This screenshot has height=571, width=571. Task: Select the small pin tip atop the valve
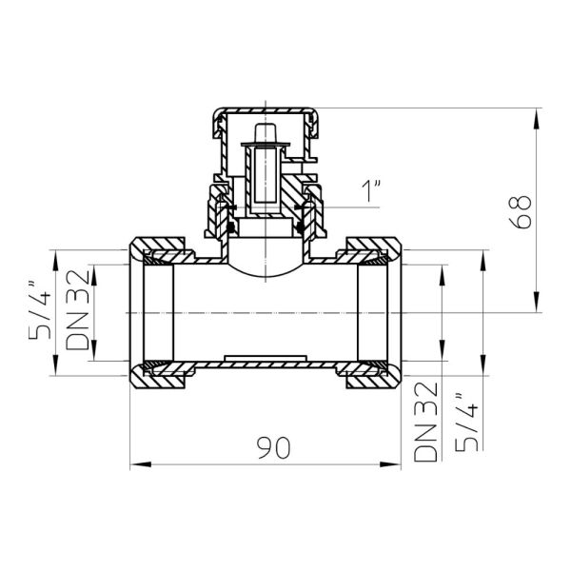pyautogui.click(x=266, y=129)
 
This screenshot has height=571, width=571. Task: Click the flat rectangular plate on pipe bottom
pyautogui.click(x=266, y=359)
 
